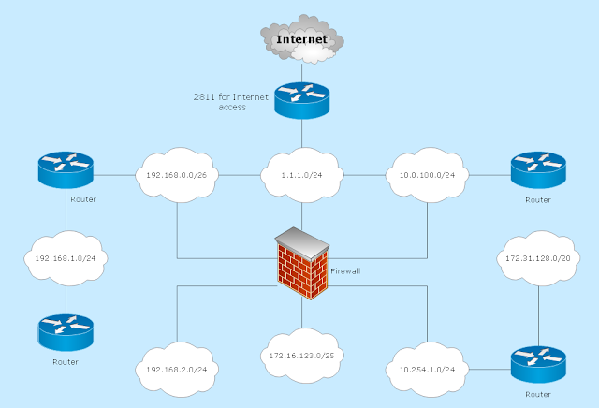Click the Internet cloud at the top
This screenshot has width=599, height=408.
301,39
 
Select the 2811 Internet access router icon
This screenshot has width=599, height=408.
301,97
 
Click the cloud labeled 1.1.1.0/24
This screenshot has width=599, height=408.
301,174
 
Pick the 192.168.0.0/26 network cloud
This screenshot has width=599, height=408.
176,174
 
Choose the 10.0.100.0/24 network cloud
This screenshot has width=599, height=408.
427,174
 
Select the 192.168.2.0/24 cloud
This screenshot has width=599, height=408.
177,369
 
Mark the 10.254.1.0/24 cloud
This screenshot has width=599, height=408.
427,369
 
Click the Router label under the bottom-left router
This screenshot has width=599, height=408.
66,361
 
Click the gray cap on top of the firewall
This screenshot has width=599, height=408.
303,241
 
